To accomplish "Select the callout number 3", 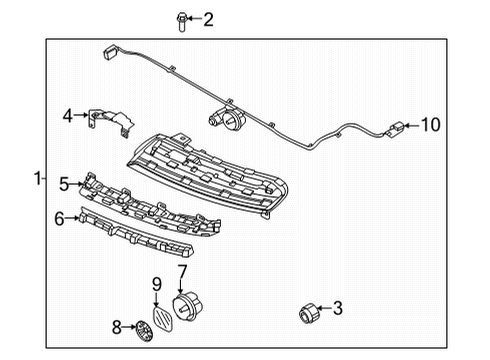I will click(x=338, y=309).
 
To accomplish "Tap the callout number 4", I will click(x=68, y=116).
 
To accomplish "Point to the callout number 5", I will click(x=63, y=183).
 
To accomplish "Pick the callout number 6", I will click(x=59, y=216).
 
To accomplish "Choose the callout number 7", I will click(x=182, y=270).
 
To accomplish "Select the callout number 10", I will click(x=429, y=125).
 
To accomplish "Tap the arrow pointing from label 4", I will click(x=82, y=116).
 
